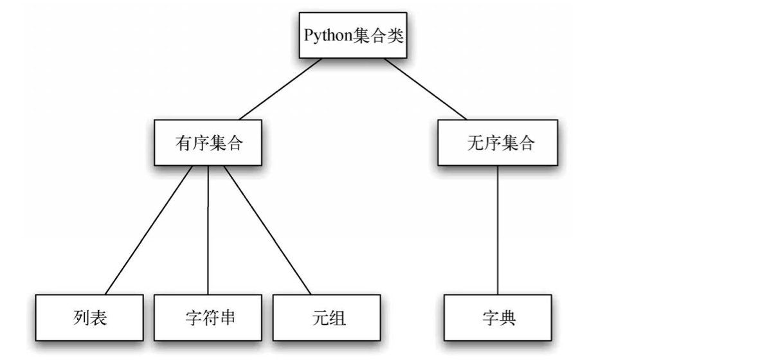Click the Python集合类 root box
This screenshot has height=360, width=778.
(354, 35)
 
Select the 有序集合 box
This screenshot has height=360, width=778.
(208, 142)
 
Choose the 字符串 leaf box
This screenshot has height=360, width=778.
(208, 317)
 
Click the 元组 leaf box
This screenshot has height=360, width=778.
(327, 317)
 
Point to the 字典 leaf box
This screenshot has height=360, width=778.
(498, 317)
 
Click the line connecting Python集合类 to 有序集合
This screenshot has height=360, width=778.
(280, 89)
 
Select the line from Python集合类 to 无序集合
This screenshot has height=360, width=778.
(425, 89)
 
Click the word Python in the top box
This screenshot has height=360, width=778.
(329, 36)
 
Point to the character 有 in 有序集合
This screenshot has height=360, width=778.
(183, 143)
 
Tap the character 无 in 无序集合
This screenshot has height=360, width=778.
(475, 143)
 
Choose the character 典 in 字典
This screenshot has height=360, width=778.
(509, 318)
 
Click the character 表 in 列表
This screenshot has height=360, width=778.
(99, 318)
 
